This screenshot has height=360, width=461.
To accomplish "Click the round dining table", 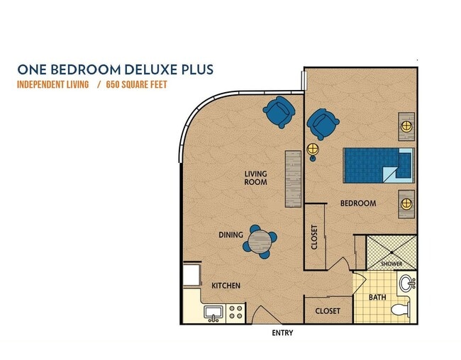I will click(x=260, y=242).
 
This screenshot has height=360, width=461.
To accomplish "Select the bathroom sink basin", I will click(x=406, y=284).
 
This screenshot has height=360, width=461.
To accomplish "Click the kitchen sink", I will click(x=213, y=312).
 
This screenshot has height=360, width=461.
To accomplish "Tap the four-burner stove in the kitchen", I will click(x=235, y=312).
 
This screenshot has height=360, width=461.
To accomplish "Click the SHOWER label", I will click(x=391, y=264).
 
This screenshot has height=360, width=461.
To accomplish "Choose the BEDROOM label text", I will click(x=357, y=203).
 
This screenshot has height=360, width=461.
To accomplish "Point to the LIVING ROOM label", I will click(x=255, y=177).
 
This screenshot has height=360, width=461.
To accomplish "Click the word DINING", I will click(x=230, y=235).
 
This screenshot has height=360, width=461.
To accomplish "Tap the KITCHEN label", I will click(x=226, y=286).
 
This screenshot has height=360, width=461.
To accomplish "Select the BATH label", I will click(x=377, y=297).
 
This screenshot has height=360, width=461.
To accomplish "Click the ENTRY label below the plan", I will click(x=282, y=332).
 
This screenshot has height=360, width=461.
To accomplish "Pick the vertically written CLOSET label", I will click(x=315, y=237).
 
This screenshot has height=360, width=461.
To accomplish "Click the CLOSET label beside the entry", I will click(x=327, y=310).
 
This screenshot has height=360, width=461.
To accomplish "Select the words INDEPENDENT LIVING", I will click(x=53, y=85).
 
